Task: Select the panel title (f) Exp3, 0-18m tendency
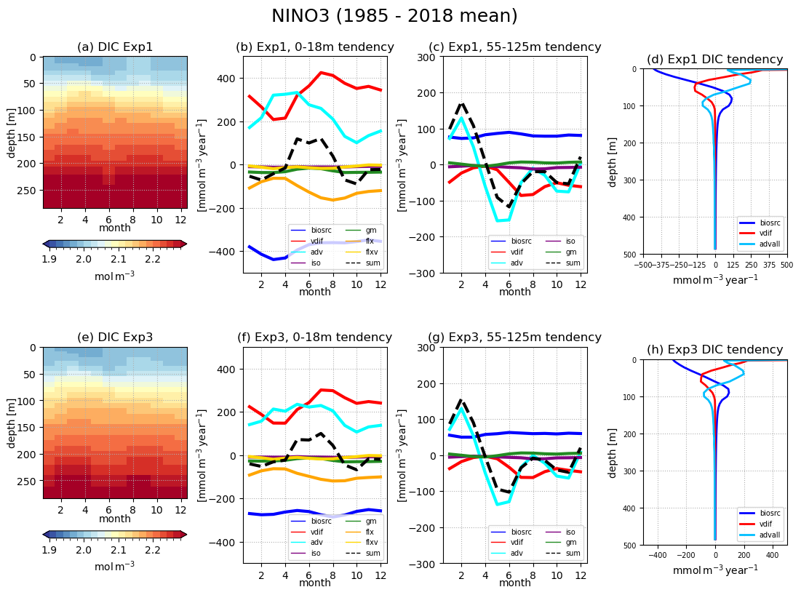pos(314,337)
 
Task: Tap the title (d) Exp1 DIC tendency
pos(714,60)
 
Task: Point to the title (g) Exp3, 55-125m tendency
pos(515,337)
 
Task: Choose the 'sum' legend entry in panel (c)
pos(573,263)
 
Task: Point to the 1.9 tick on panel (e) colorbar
pos(49,550)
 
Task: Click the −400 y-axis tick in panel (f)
pos(227,543)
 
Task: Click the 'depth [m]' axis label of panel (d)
pos(613,160)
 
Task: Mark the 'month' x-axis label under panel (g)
pos(515,583)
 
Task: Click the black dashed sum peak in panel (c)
pos(462,103)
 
